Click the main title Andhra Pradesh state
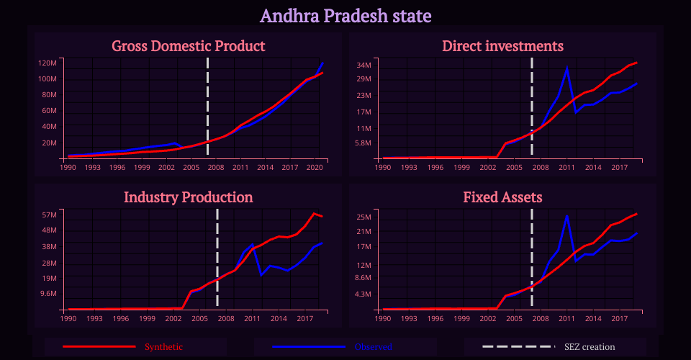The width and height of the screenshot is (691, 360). click(x=345, y=15)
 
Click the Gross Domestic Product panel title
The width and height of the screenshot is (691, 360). click(x=189, y=46)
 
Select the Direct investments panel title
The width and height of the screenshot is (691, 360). click(x=502, y=46)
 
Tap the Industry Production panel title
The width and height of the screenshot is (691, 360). click(x=189, y=197)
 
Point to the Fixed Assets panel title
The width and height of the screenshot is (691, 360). click(x=502, y=197)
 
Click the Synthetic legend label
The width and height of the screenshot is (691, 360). click(x=163, y=347)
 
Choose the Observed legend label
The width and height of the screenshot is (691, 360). click(x=373, y=347)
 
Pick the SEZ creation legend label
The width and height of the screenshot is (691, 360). click(x=590, y=347)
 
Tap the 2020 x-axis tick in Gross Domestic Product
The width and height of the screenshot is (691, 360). click(x=315, y=167)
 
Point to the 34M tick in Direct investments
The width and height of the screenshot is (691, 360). click(x=363, y=65)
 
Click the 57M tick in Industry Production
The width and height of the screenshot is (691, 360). click(x=49, y=215)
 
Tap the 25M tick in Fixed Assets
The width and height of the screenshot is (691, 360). click(x=363, y=217)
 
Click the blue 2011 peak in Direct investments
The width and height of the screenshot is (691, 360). click(x=567, y=68)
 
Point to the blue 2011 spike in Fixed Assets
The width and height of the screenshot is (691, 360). click(x=567, y=216)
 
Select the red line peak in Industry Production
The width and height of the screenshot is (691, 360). click(x=313, y=214)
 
